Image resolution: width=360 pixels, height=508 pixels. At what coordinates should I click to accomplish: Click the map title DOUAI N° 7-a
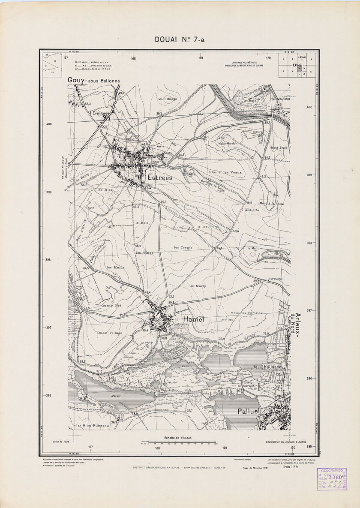(180, 40)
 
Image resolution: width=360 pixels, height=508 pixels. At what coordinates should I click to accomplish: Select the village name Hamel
(192, 319)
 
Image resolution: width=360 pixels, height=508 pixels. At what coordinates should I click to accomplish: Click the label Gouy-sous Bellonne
(93, 81)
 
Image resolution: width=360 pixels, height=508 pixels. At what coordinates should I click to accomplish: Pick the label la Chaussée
(267, 367)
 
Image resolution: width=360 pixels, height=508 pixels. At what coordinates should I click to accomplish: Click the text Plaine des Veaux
(225, 172)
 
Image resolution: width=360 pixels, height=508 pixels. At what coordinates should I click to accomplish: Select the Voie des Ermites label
(246, 313)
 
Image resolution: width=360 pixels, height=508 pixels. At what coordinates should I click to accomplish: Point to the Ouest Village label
(110, 333)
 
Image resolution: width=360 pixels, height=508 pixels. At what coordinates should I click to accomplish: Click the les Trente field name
(183, 248)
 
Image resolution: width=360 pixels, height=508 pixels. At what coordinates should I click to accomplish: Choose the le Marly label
(198, 286)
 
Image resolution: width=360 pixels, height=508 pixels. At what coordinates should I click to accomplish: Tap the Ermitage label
(101, 113)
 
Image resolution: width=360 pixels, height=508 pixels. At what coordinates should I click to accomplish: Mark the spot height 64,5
(87, 268)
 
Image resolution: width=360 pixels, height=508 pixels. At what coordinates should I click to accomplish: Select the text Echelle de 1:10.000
(179, 438)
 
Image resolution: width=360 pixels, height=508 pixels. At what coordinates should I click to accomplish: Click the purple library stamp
(332, 478)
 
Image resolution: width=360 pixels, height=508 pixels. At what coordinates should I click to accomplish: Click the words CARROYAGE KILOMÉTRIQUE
(244, 63)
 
